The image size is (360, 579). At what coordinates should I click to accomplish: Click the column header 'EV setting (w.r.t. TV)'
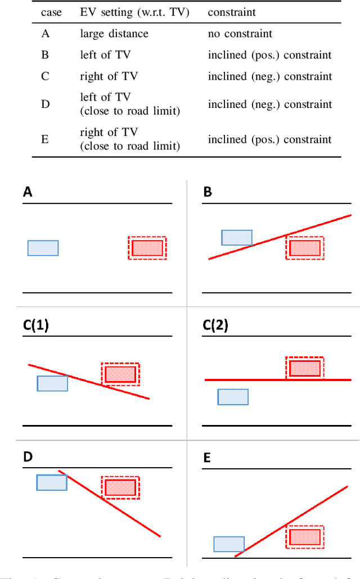pos(134,12)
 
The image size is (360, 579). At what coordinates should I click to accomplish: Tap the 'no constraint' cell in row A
pos(240,34)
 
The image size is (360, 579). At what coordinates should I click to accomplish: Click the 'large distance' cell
pos(114,34)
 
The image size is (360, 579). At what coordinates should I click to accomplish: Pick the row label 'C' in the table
pos(45,76)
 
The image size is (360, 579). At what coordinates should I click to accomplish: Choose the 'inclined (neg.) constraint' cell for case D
pos(269,104)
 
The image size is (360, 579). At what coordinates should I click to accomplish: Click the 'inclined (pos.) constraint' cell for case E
pos(269,139)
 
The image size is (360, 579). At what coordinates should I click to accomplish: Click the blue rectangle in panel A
pos(43,248)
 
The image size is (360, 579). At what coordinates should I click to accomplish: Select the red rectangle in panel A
pos(147,248)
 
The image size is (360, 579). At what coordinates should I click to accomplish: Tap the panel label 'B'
pos(208,193)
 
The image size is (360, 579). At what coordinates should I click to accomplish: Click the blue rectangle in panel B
pos(237,238)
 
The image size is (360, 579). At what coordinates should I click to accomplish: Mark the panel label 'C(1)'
pos(35,325)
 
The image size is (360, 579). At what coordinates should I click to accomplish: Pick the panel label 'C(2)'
pos(215,325)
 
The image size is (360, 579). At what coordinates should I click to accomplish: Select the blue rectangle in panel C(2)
pos(233,397)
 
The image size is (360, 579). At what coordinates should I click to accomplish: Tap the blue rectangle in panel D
pos(52,482)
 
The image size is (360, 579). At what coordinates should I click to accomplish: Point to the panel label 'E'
pos(206,458)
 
